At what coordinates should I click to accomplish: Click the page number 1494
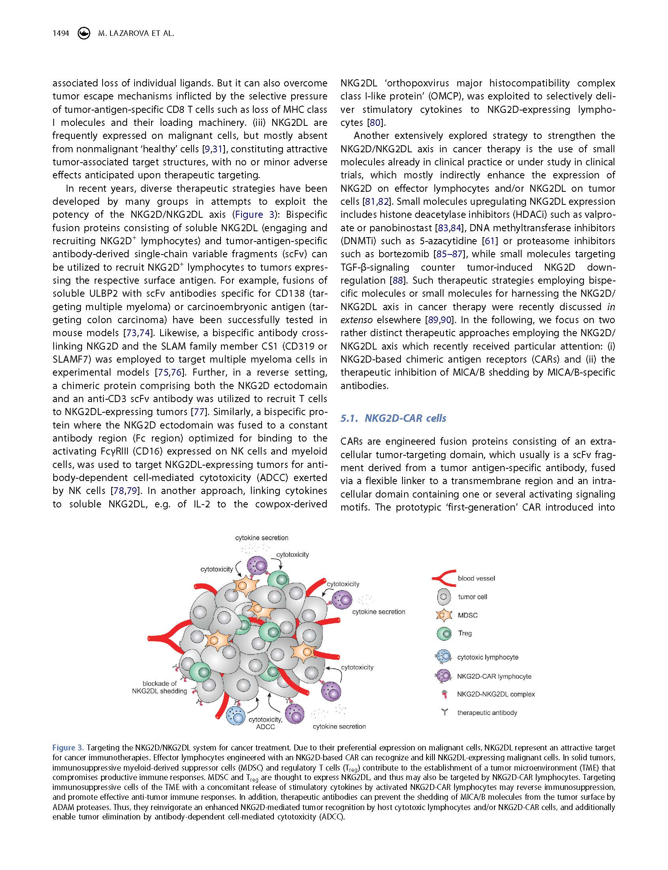click(61, 34)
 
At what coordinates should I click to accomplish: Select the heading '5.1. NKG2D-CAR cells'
click(393, 418)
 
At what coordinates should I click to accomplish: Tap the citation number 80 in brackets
click(374, 122)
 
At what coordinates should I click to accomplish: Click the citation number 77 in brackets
click(199, 412)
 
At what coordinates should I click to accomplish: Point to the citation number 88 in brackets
click(397, 280)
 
